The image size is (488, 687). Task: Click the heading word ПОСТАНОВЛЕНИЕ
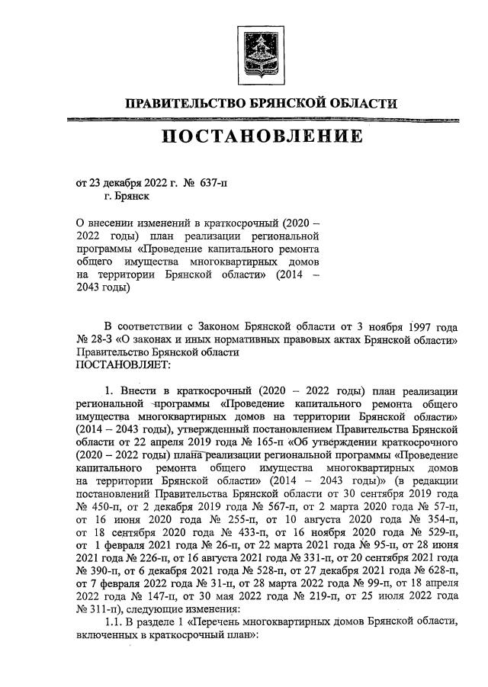click(261, 138)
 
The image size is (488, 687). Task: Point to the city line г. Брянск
click(127, 196)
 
